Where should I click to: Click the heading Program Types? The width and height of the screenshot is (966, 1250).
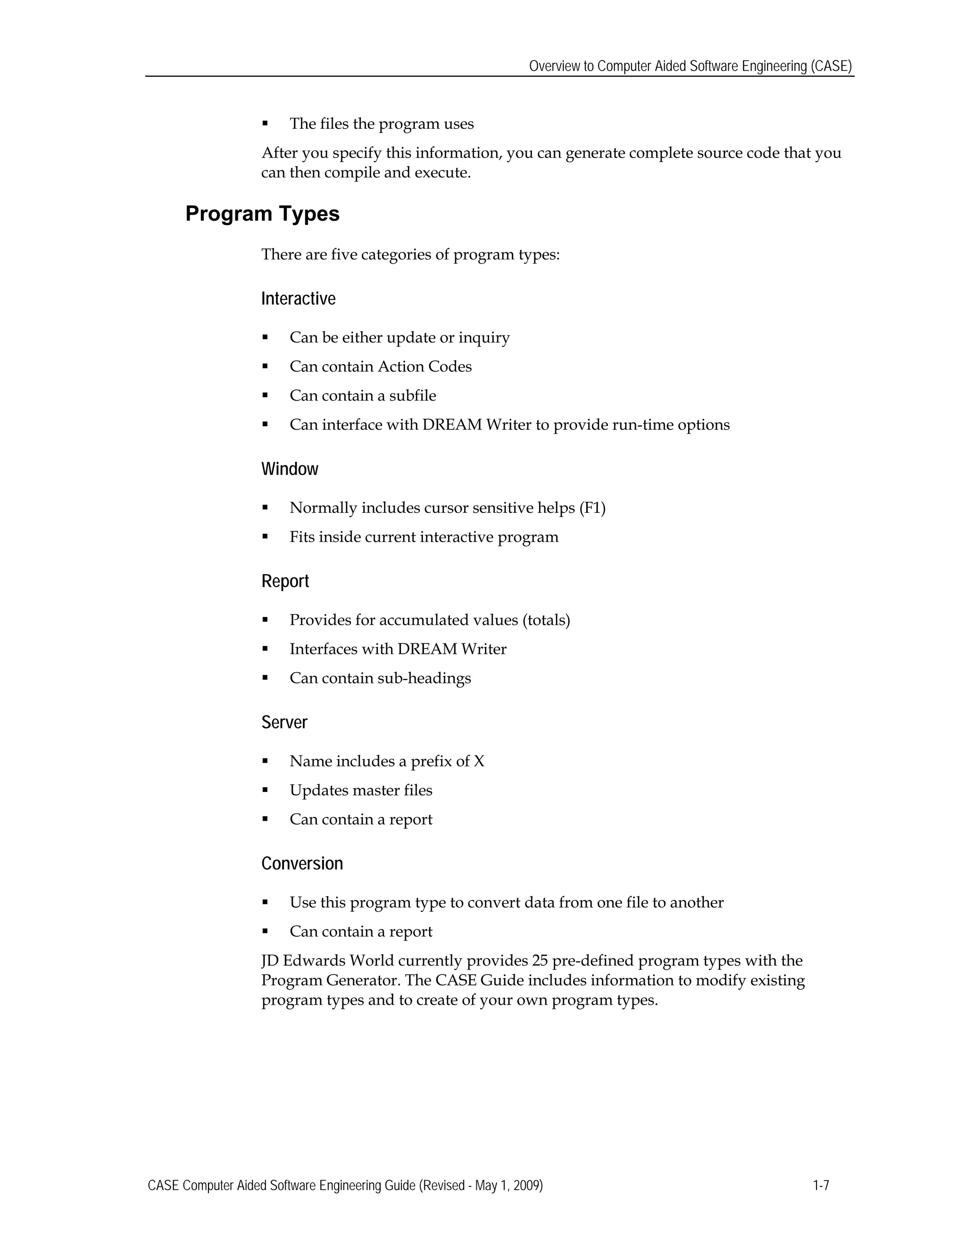pos(262,214)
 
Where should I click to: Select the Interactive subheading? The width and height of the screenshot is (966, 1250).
pos(298,299)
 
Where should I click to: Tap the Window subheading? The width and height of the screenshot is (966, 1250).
pos(290,469)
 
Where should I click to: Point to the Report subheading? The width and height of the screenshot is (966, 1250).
pos(285,582)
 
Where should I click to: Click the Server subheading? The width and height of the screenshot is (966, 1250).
pos(284,723)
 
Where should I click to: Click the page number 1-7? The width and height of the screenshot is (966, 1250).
pos(821,1185)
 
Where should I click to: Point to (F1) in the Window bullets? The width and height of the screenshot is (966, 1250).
pos(592,508)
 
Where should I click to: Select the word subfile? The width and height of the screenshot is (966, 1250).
pos(413,396)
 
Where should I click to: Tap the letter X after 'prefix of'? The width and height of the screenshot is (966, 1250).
pos(479,761)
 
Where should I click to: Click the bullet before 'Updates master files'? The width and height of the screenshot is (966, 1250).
pos(265,791)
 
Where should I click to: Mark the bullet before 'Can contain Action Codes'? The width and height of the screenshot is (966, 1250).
pos(265,367)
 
